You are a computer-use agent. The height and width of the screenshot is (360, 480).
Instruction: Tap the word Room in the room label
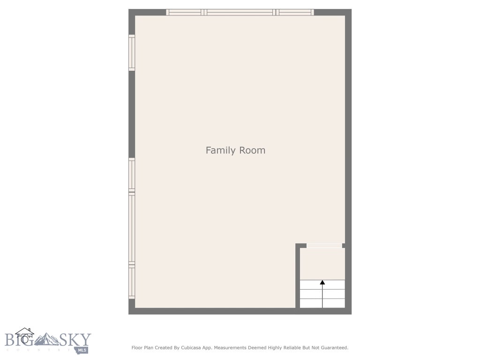(253, 150)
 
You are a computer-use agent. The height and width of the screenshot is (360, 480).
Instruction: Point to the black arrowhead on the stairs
(322, 282)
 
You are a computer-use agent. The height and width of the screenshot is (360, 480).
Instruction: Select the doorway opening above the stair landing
(324, 245)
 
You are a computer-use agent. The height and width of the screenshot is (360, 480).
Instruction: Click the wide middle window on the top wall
(240, 12)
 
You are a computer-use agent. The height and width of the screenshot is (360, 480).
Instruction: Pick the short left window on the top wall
(185, 12)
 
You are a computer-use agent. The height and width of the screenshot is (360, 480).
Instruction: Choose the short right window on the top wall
(294, 12)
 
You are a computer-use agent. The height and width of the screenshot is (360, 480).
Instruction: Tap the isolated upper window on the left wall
(132, 53)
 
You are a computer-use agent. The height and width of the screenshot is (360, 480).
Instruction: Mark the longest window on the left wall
(132, 229)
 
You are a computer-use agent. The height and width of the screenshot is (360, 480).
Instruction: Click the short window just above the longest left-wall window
(132, 174)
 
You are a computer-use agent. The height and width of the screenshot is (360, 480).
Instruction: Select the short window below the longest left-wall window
(132, 282)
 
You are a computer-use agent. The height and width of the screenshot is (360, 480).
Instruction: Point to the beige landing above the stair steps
(322, 263)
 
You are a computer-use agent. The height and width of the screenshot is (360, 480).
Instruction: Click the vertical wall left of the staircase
(298, 277)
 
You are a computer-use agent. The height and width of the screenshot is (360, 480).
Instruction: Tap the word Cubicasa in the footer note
(191, 348)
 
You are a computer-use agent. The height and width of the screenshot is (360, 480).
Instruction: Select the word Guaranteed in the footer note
(333, 348)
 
